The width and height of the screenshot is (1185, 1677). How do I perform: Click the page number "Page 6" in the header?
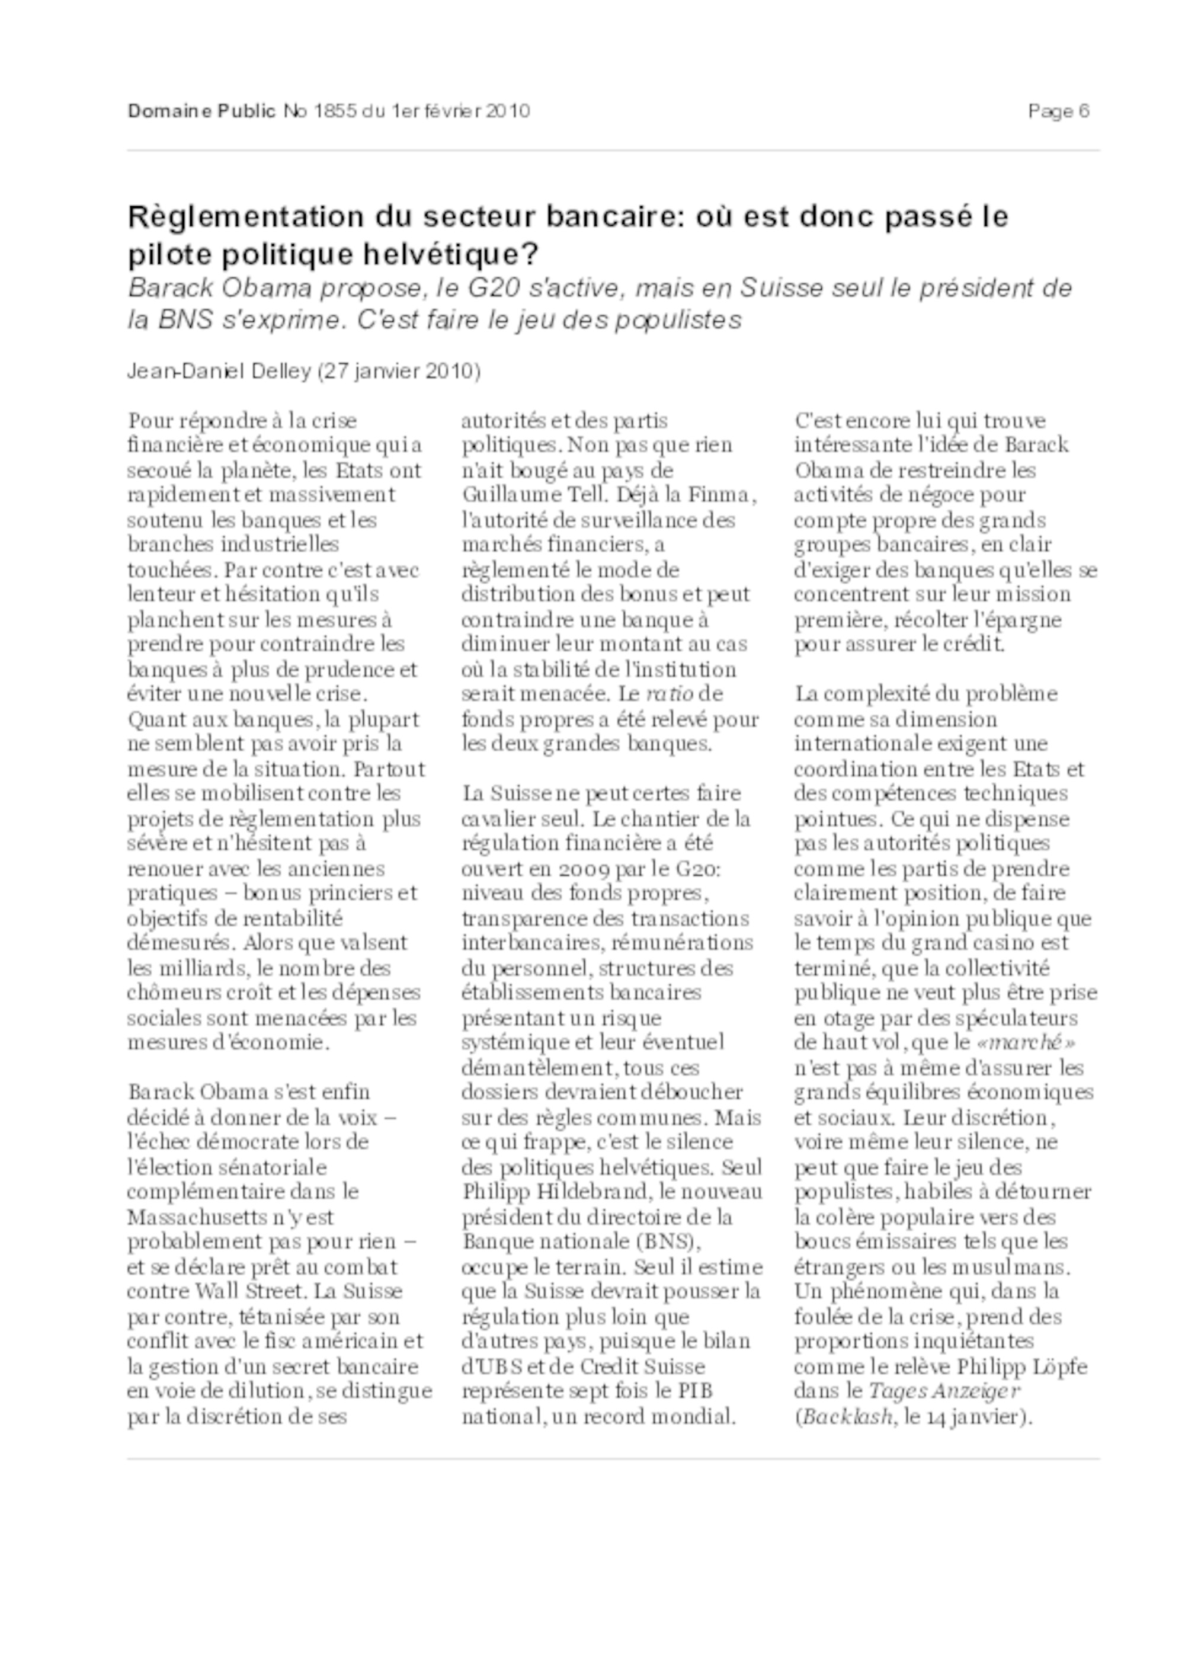pos(1058,111)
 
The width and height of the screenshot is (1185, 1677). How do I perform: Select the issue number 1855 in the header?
pos(334,111)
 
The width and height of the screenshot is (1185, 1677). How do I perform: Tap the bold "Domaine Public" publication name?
pos(201,111)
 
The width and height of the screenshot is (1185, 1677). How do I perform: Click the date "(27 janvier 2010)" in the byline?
pos(399,372)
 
